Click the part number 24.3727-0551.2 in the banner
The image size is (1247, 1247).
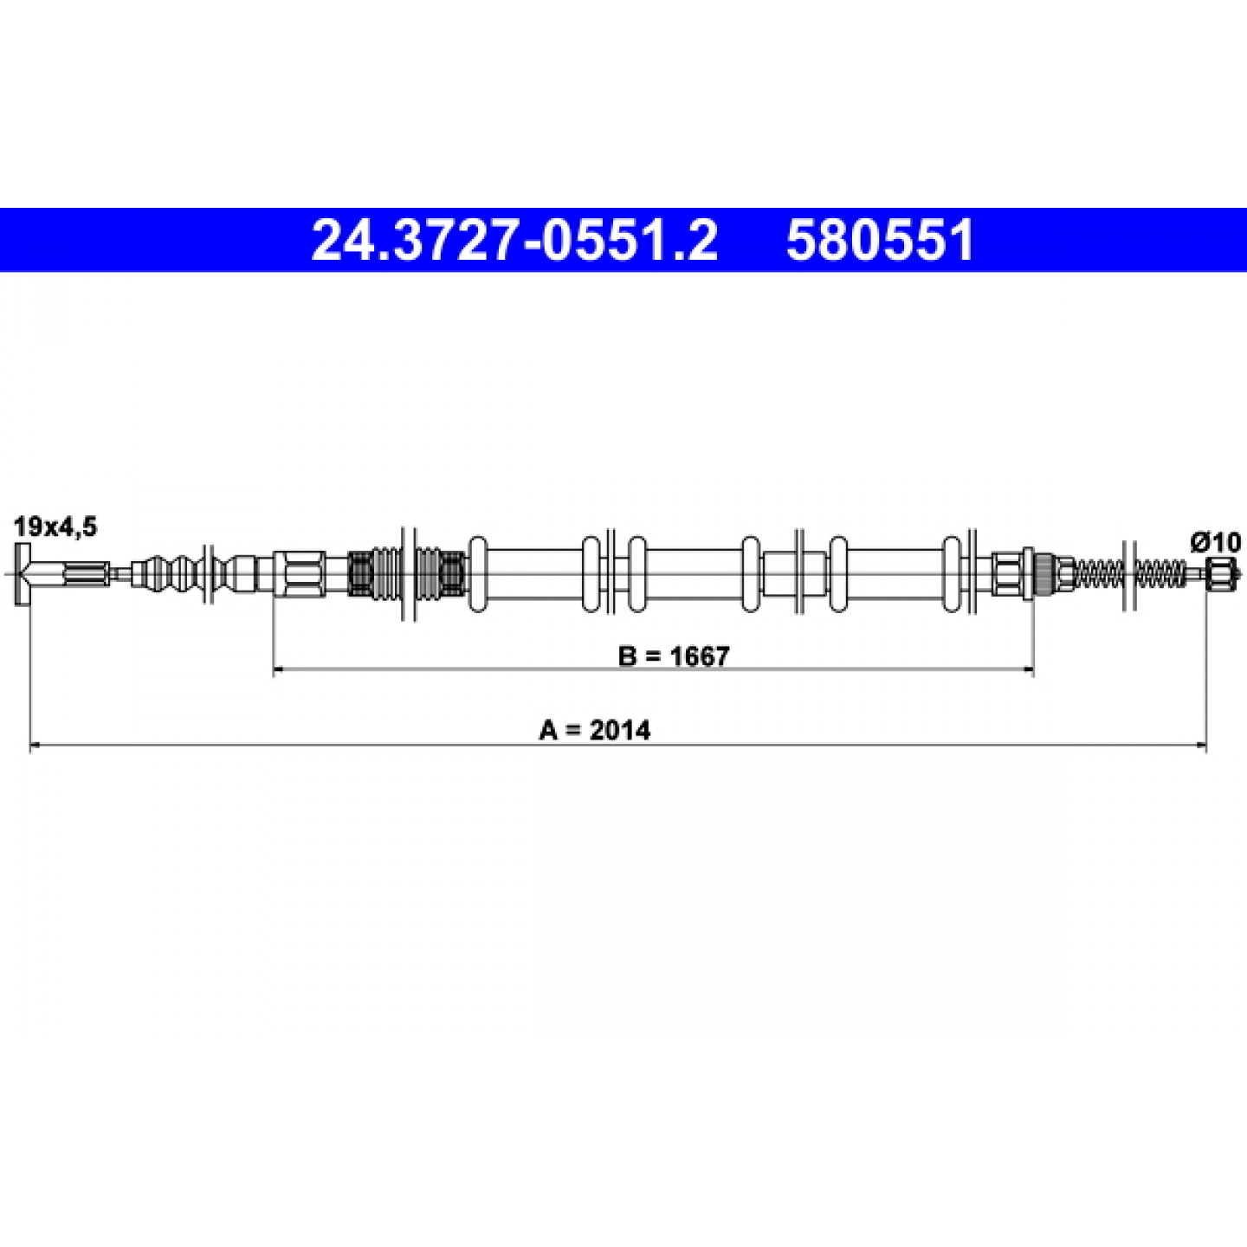(x=514, y=240)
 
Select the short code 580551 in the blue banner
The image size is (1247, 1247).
(x=880, y=240)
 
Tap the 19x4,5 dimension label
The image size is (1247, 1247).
(x=55, y=527)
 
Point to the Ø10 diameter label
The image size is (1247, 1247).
(x=1216, y=542)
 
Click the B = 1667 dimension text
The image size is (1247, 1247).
(x=674, y=656)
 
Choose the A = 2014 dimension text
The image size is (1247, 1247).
(x=595, y=731)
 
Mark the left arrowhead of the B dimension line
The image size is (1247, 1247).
(x=279, y=671)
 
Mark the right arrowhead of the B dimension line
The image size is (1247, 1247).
(x=1027, y=671)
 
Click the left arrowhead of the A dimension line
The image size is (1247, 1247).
(x=36, y=746)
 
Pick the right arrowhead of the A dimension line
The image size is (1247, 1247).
(x=1199, y=746)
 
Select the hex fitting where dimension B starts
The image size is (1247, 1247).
(x=299, y=574)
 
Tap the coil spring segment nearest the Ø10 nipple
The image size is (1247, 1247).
(x=1161, y=574)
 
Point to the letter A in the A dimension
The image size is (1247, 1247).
(x=547, y=731)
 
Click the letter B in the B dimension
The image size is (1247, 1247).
(x=627, y=656)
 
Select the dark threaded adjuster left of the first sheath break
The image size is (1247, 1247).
(x=360, y=574)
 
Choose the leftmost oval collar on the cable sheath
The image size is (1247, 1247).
(x=477, y=574)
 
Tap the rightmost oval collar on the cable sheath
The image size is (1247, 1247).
(x=952, y=574)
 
